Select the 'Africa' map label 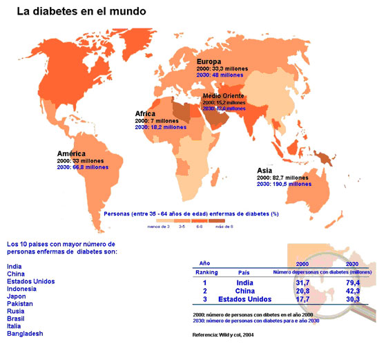pos(146,113)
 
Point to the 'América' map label pos(71,153)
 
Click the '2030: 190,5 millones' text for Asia pos(284,184)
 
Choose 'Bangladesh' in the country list pos(25,334)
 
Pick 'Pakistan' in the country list pos(21,303)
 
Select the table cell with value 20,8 pos(302,291)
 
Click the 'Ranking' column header pos(205,272)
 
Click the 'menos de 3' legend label pos(158,225)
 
